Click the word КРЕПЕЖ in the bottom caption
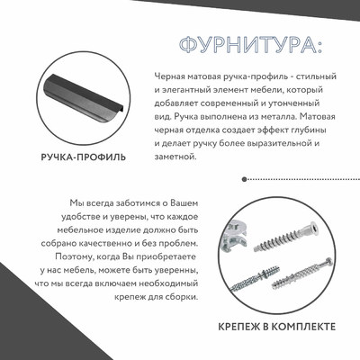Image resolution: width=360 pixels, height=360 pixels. click(x=241, y=325)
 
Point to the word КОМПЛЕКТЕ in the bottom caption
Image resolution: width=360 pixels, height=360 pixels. click(x=303, y=325)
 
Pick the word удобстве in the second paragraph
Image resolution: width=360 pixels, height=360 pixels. click(x=78, y=217)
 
